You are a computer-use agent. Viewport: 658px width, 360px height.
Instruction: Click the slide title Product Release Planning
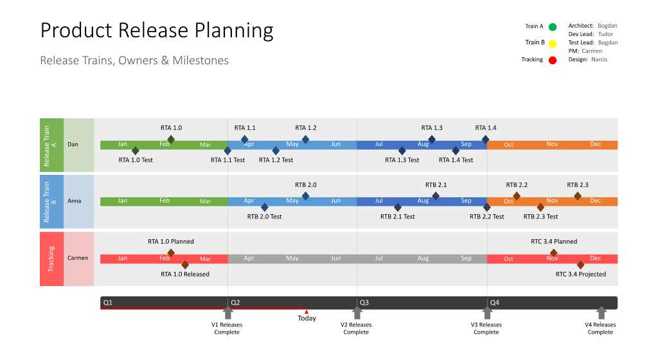point(157,30)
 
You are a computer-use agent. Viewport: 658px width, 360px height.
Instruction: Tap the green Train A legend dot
point(553,27)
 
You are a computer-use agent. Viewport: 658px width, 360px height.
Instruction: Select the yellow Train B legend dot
point(553,43)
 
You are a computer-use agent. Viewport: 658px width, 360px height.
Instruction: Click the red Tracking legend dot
point(553,60)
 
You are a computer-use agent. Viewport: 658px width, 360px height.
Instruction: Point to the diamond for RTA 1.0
point(171,139)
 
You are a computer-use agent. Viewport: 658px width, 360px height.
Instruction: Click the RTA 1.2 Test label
point(276,160)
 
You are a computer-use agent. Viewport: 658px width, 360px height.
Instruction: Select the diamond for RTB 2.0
point(306,196)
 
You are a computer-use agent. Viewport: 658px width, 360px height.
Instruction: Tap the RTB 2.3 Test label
point(540,217)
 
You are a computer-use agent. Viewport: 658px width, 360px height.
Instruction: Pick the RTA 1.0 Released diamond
point(185,264)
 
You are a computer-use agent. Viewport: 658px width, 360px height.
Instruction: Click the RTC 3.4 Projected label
point(580,274)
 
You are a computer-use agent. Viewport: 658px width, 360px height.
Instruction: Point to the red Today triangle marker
point(307,312)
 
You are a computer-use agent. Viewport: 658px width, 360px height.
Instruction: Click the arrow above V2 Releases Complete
point(357,313)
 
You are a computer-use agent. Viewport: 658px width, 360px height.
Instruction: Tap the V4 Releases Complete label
point(600,328)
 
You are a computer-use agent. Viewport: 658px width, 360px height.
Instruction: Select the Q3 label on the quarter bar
point(364,302)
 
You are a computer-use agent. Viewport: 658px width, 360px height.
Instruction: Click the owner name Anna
point(75,201)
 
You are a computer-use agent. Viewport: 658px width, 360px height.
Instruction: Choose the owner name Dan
point(73,145)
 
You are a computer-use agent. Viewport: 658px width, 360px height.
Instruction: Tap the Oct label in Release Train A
point(508,145)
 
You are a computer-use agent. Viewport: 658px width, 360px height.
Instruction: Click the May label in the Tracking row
point(292,258)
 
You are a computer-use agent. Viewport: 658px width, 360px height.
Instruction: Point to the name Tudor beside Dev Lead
point(605,34)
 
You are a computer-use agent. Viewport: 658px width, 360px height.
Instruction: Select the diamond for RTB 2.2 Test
point(486,207)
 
